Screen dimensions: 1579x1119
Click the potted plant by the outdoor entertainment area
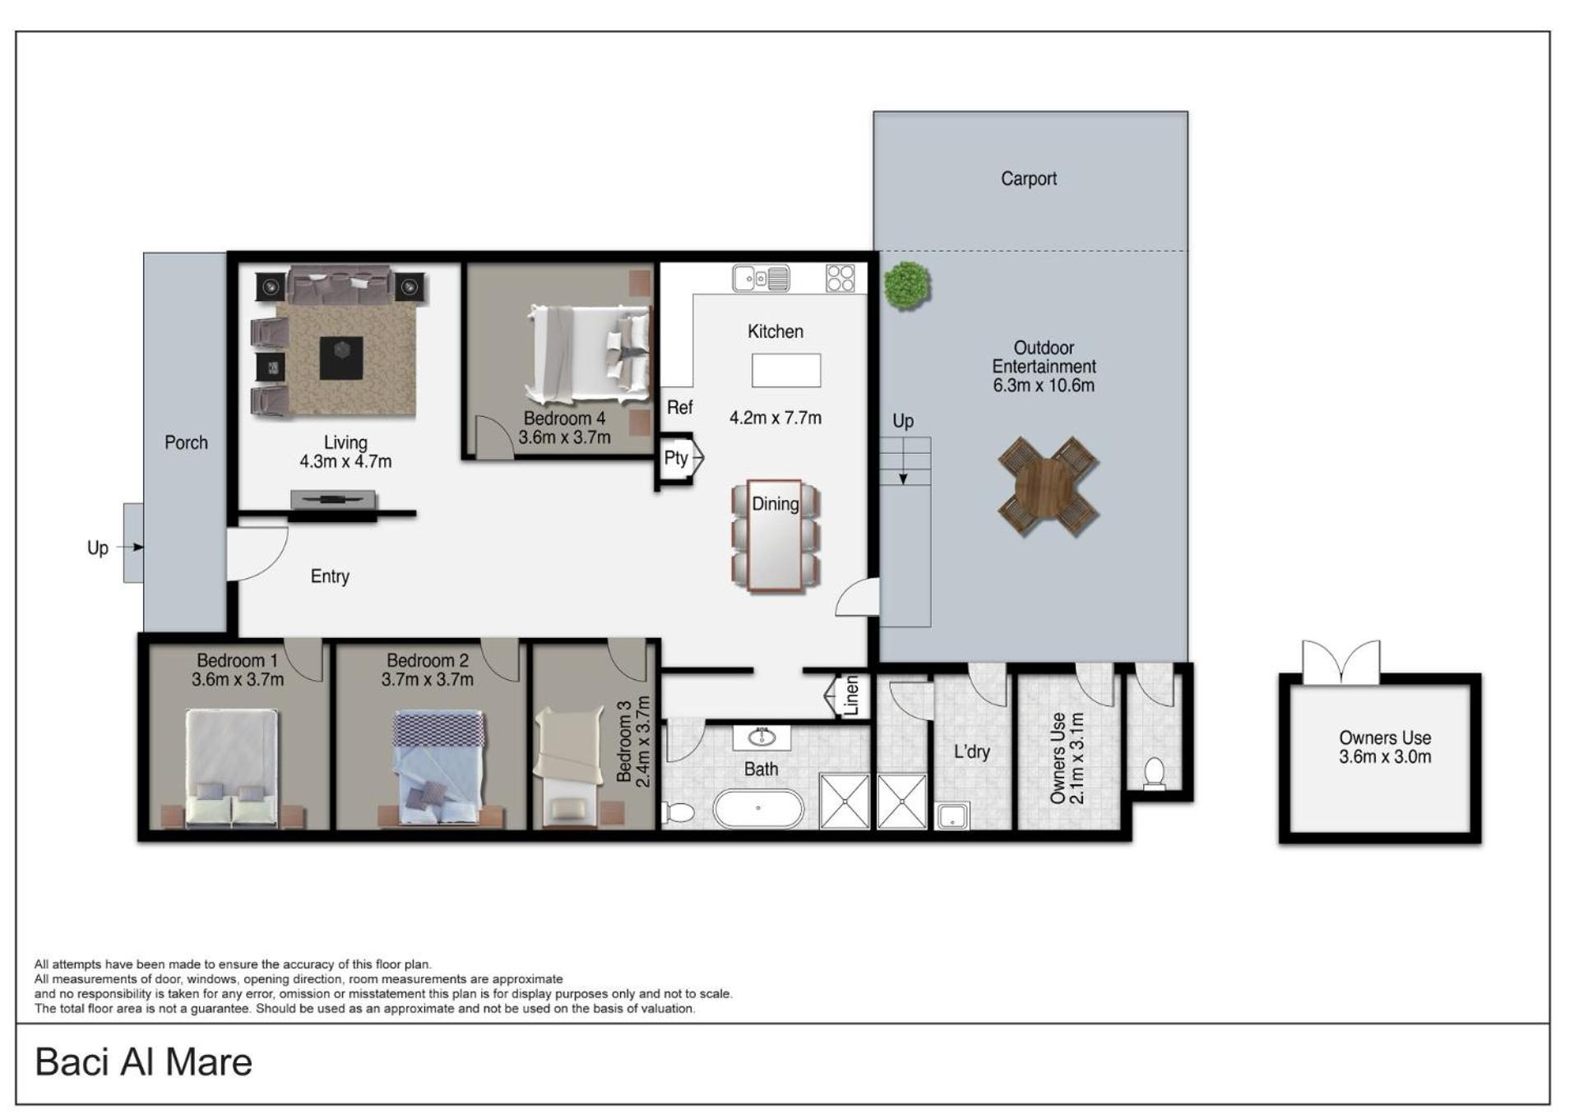point(907,285)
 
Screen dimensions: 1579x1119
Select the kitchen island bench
point(785,370)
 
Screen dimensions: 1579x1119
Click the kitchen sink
point(761,279)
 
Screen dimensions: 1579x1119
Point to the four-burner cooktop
point(840,278)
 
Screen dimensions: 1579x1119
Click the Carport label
point(1028,178)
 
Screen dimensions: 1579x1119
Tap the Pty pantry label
point(675,458)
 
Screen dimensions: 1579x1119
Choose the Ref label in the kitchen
point(679,407)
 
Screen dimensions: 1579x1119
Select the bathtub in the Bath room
point(757,808)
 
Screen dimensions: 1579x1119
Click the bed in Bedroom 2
point(438,767)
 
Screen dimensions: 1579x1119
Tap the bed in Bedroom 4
point(588,354)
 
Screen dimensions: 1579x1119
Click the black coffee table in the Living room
point(340,358)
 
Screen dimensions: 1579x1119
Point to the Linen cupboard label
point(851,696)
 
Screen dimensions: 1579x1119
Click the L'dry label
point(971,751)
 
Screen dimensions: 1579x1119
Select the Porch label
point(186,442)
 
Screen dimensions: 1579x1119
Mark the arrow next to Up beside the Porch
point(130,547)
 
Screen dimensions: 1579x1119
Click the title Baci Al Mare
point(143,1061)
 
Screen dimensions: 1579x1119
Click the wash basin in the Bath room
point(762,738)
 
